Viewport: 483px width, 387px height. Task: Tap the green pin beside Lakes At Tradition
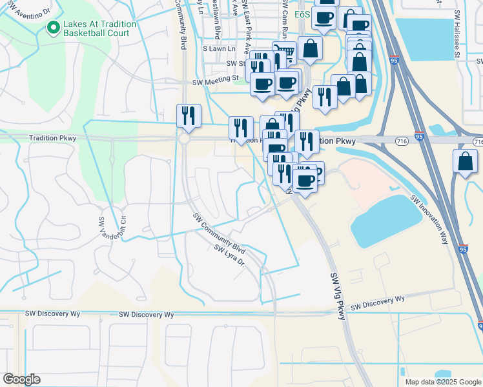click(54, 28)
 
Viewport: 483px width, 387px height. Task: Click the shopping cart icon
click(283, 52)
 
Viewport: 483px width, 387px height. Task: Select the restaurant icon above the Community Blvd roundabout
click(189, 115)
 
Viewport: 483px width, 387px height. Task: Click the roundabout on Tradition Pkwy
click(185, 139)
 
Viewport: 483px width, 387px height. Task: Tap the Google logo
click(21, 379)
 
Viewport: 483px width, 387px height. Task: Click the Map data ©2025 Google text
click(442, 382)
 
